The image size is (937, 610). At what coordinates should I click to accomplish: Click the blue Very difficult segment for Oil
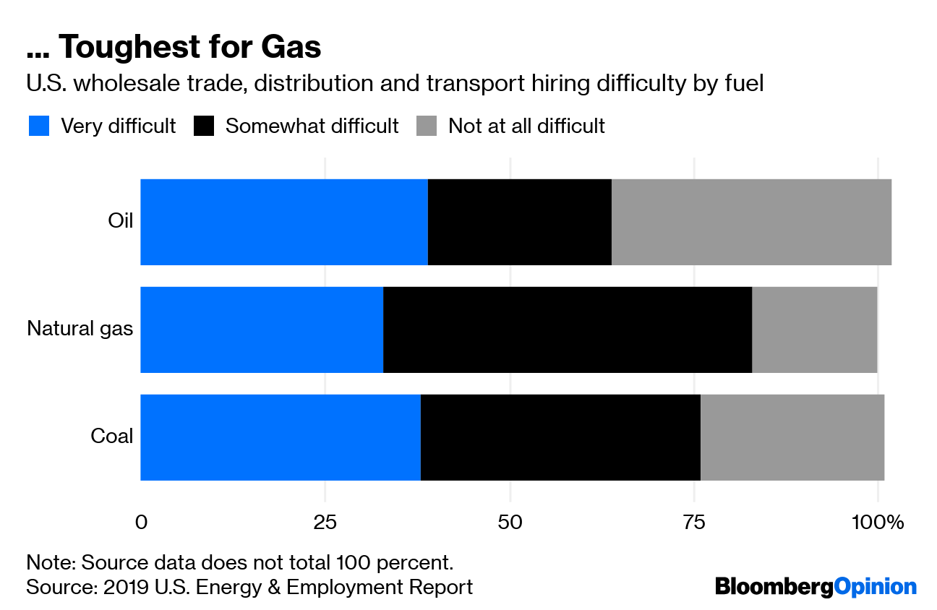click(284, 222)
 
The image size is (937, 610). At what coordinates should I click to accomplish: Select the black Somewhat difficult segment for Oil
click(520, 222)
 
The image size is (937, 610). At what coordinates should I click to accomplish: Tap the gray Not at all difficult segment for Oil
click(751, 222)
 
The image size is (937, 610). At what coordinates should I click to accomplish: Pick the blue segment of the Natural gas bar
click(262, 330)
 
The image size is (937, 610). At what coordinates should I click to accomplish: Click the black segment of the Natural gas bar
click(568, 330)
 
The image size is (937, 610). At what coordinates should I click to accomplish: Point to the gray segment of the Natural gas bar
click(815, 330)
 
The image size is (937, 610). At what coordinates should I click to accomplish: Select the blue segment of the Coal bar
click(281, 437)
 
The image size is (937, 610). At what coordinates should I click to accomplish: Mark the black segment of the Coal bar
click(560, 437)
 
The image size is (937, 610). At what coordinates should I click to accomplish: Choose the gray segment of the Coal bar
click(792, 437)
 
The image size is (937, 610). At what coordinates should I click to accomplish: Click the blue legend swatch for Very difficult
click(39, 126)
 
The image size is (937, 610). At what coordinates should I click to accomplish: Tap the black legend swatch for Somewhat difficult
click(205, 126)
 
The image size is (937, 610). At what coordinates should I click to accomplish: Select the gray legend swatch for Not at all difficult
click(427, 126)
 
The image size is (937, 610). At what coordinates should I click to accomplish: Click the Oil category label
click(121, 221)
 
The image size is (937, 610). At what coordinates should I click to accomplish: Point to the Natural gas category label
click(80, 329)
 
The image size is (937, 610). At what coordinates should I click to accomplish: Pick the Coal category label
click(112, 437)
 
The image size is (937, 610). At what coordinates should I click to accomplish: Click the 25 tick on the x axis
click(325, 522)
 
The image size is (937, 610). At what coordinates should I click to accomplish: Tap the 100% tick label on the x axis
click(878, 522)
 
